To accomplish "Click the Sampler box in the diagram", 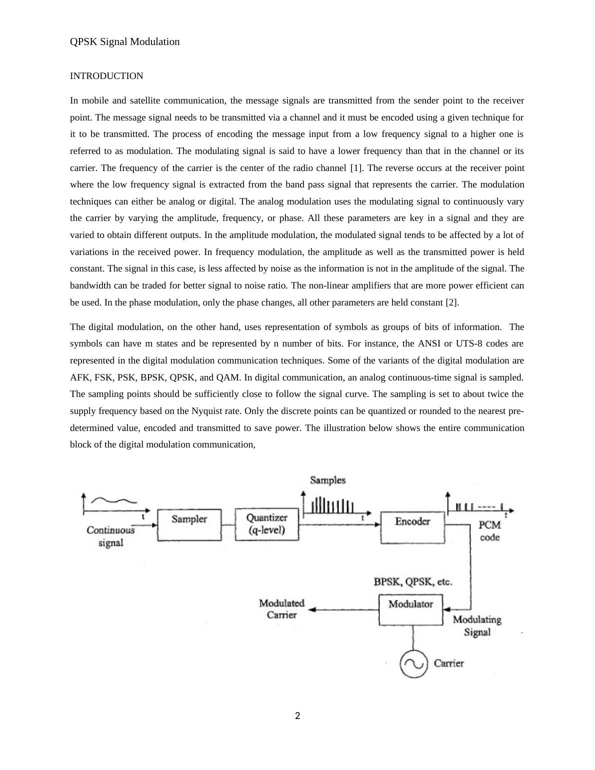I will pos(189,524).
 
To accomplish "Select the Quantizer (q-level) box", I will pos(267,524).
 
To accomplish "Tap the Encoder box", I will pos(412,527).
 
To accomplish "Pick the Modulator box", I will pos(410,609).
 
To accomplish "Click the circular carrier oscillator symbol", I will pos(413,664).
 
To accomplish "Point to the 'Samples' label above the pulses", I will pos(327,480).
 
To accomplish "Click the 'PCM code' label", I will pos(489,531).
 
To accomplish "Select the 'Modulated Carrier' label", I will pos(281,609).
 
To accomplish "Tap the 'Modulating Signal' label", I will pos(477,625).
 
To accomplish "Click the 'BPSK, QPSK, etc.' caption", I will pos(413,582).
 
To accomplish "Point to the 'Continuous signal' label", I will pos(110,536).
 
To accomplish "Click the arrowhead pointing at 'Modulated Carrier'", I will pos(311,609).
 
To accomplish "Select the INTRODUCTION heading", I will pos(106,76).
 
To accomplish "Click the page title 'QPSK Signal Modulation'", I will pos(124,41).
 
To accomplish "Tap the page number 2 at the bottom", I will pos(297,716).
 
